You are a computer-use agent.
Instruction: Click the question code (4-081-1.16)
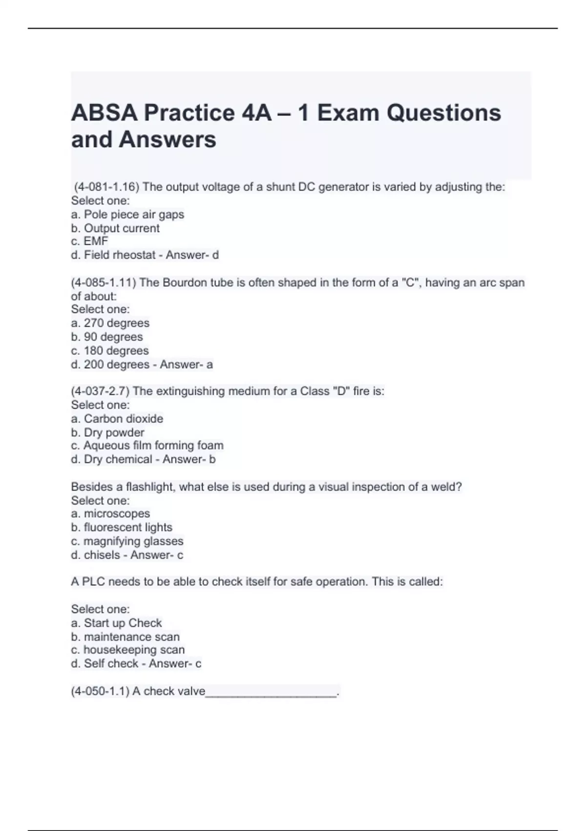pyautogui.click(x=106, y=187)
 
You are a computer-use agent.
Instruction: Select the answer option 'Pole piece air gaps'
pyautogui.click(x=134, y=215)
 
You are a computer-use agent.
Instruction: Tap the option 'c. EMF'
pyautogui.click(x=89, y=241)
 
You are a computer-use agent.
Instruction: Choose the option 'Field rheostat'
pyautogui.click(x=120, y=255)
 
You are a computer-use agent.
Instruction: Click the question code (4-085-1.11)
pyautogui.click(x=104, y=283)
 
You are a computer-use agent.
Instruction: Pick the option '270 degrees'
pyautogui.click(x=116, y=323)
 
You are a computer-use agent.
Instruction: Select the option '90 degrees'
pyautogui.click(x=113, y=337)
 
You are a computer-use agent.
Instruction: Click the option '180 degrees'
pyautogui.click(x=116, y=350)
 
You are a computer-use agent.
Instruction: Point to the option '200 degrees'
pyautogui.click(x=116, y=365)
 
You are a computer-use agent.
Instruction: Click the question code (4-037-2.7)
pyautogui.click(x=100, y=391)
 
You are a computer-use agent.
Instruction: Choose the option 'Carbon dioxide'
pyautogui.click(x=124, y=419)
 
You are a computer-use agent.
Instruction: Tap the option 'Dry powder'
pyautogui.click(x=114, y=433)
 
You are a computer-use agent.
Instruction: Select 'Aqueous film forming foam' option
pyautogui.click(x=153, y=446)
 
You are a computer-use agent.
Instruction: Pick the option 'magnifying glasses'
pyautogui.click(x=133, y=541)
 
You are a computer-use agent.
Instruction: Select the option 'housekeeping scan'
pyautogui.click(x=134, y=650)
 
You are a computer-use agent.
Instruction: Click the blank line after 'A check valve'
pyautogui.click(x=271, y=692)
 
